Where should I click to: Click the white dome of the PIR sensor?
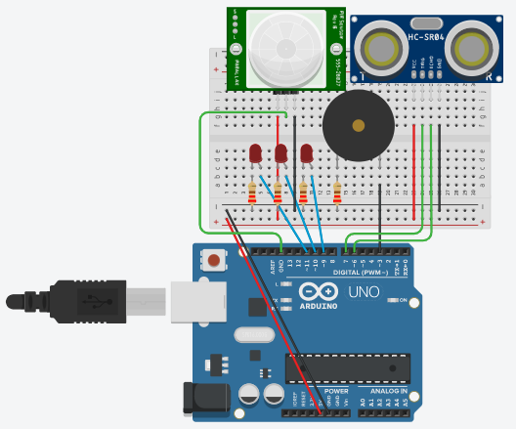(282, 46)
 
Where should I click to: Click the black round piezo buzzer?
(359, 127)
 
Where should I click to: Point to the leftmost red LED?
(255, 153)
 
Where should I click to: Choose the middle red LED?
(280, 153)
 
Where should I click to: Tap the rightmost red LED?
(306, 153)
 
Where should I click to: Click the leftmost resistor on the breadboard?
(252, 193)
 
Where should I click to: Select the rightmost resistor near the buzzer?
(338, 193)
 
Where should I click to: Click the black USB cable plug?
(88, 299)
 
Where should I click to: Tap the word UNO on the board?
(364, 291)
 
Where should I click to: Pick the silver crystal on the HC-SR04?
(425, 22)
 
